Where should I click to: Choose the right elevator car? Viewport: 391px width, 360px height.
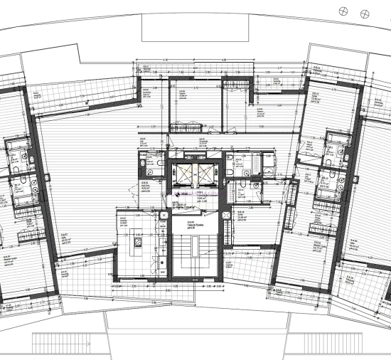(x=207, y=175)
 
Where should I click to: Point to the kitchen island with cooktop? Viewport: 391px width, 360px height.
(x=136, y=245)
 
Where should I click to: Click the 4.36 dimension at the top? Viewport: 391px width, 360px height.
(x=166, y=59)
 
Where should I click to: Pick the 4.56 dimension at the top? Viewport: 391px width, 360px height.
(x=223, y=59)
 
